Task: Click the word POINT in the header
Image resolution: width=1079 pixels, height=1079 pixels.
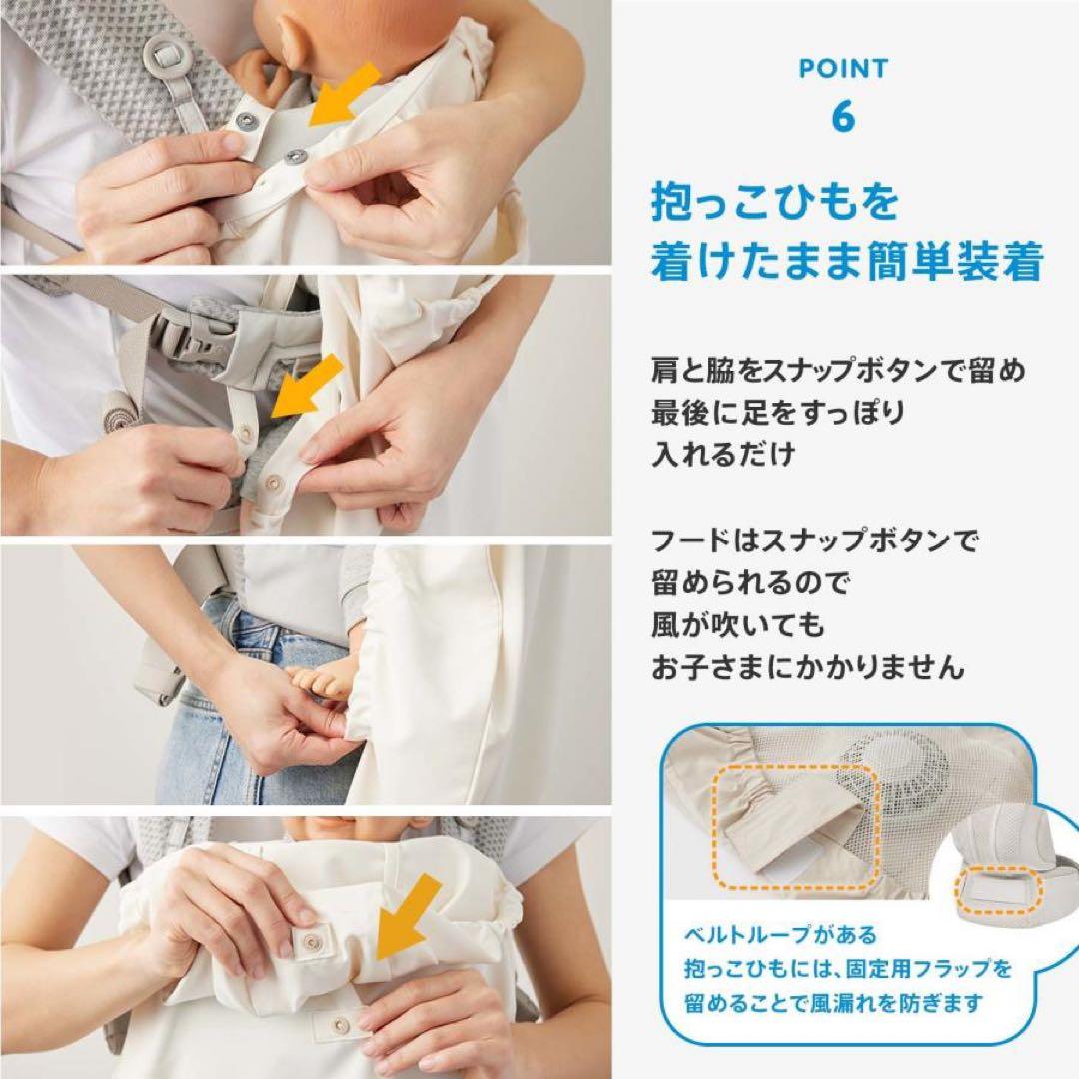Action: click(842, 69)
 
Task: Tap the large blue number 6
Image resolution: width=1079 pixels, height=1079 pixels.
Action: click(843, 116)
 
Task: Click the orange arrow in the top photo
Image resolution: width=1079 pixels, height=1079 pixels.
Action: click(345, 94)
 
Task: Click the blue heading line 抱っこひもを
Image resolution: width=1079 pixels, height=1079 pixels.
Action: click(775, 203)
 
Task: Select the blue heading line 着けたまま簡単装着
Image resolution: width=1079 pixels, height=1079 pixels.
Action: click(847, 263)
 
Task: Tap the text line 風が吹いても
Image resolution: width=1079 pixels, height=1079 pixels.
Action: click(738, 625)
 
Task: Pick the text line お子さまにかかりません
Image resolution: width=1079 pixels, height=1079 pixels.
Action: click(808, 668)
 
